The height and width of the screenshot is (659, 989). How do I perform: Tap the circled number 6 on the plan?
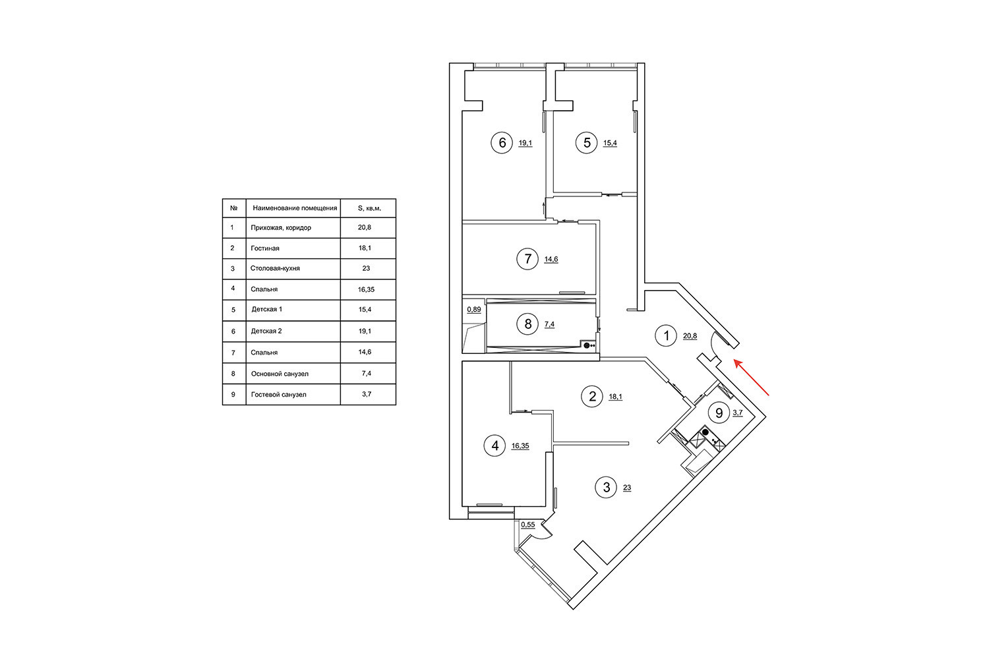click(x=502, y=142)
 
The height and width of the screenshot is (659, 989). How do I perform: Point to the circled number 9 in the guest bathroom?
click(x=719, y=413)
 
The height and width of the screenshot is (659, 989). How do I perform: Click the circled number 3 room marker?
click(x=607, y=488)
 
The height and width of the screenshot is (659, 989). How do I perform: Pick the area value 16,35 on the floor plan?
click(x=520, y=446)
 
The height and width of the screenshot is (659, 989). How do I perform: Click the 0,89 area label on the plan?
click(x=473, y=310)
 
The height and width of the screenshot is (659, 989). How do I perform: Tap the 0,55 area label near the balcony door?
click(x=527, y=525)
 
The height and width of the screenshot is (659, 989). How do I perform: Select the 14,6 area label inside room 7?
click(x=551, y=260)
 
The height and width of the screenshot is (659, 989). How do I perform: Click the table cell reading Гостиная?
click(x=265, y=248)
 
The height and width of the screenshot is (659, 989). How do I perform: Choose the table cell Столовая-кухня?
click(x=276, y=269)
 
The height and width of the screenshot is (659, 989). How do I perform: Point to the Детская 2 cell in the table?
click(x=266, y=331)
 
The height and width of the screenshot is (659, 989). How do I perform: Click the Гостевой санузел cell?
click(x=278, y=395)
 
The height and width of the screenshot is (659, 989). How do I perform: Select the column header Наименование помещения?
click(x=295, y=208)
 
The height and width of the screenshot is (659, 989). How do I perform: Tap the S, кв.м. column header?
click(x=369, y=208)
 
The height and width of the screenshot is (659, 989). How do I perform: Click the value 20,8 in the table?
click(x=368, y=227)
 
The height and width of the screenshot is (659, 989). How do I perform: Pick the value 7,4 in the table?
click(x=368, y=374)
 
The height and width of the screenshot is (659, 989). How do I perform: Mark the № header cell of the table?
click(x=233, y=208)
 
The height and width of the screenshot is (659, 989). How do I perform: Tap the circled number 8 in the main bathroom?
click(x=527, y=324)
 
